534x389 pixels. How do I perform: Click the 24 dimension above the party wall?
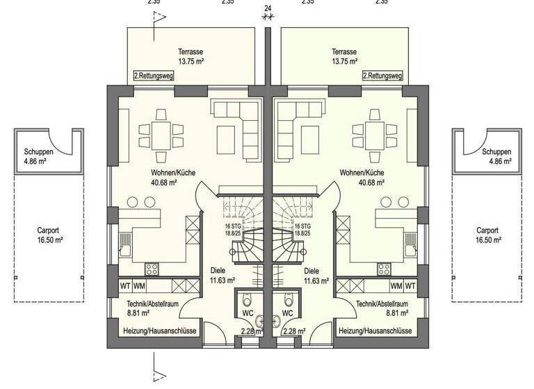[268, 9]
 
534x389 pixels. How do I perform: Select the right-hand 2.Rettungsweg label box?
[381, 76]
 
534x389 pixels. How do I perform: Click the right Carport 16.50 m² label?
[487, 234]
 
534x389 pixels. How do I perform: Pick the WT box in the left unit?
[125, 285]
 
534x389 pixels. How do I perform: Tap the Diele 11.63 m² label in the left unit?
[222, 276]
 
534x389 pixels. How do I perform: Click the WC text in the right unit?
[287, 313]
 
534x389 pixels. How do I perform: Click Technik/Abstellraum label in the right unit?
[381, 308]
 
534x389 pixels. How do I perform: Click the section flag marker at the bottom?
[159, 373]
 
